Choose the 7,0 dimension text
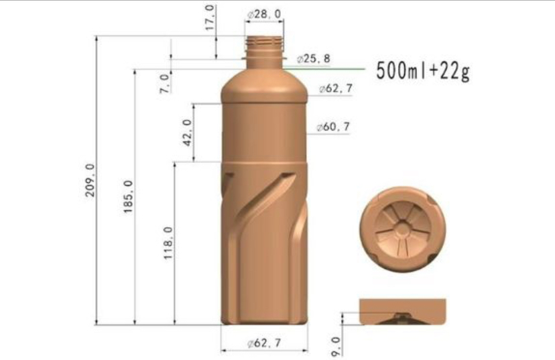(x=164, y=83)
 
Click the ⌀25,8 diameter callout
(x=312, y=59)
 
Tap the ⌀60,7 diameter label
(x=333, y=127)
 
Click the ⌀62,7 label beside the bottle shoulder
(x=336, y=89)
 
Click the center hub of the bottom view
(x=402, y=229)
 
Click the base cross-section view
(x=402, y=312)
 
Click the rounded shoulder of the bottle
(x=264, y=80)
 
